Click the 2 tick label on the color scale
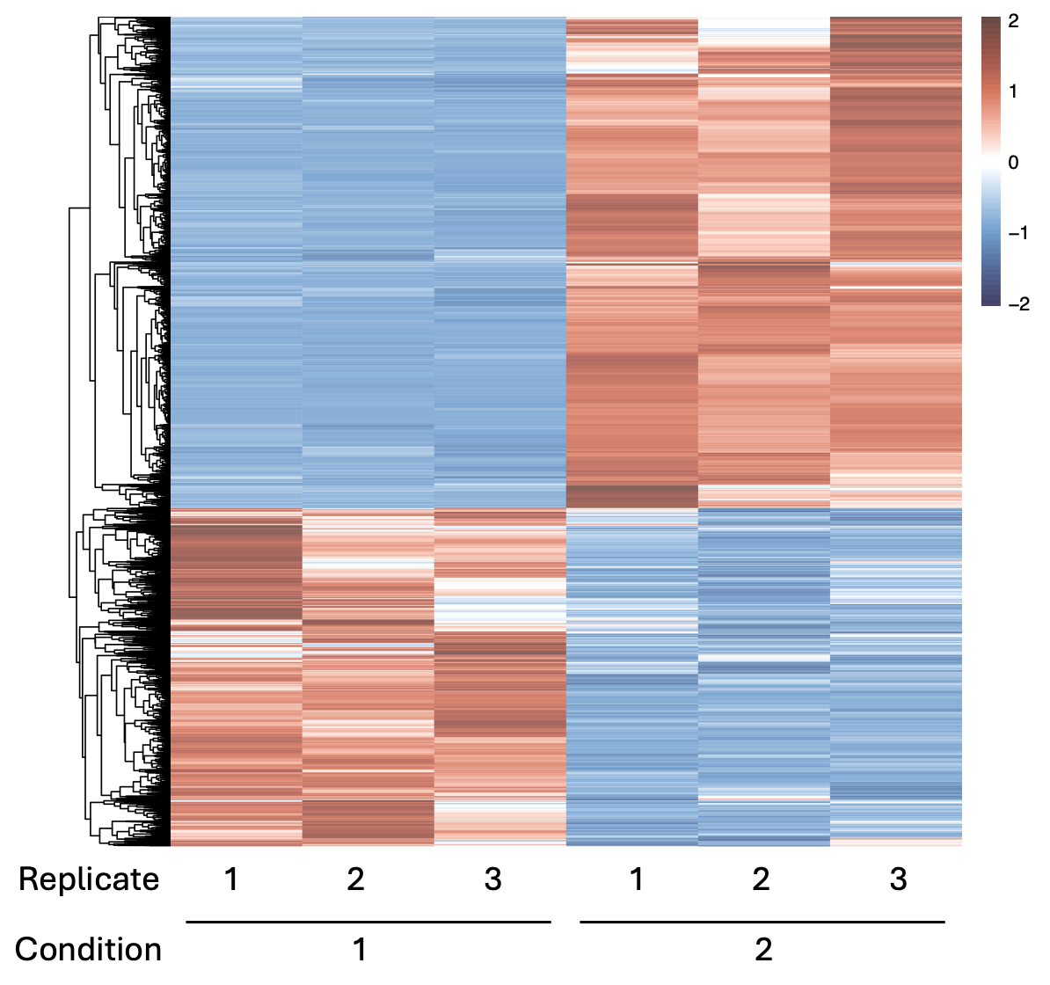pos(1013,21)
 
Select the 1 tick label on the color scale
pos(1013,91)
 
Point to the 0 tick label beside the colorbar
pos(1013,163)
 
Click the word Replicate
pos(89,879)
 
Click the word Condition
pos(89,950)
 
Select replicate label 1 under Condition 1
pos(231,879)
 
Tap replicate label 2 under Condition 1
pos(355,879)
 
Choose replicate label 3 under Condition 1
pos(493,879)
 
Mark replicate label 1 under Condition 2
pos(636,879)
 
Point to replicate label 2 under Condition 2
pos(761,879)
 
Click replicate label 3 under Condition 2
pos(898,879)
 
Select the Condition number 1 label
pos(360,950)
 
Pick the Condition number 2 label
pos(763,950)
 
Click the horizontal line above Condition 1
pos(368,922)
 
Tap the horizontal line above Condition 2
pos(762,922)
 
